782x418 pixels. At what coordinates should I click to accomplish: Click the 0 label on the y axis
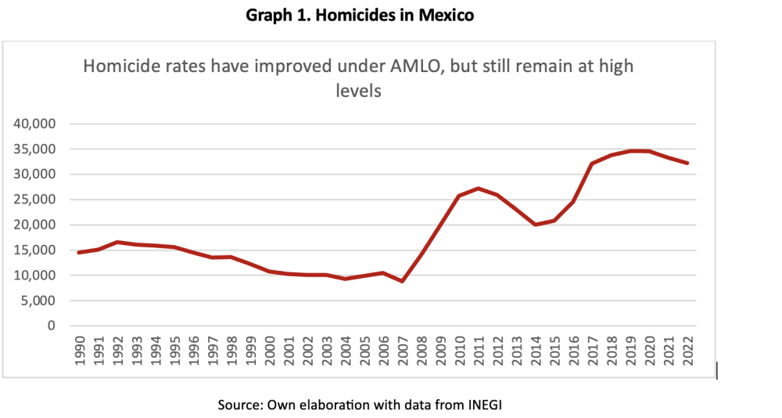(x=53, y=326)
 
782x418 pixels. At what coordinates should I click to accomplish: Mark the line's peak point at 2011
(x=478, y=188)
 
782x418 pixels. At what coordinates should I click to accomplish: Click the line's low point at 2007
(x=402, y=281)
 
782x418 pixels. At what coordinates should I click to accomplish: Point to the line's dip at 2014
(x=535, y=225)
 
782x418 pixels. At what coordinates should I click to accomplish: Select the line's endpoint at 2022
(x=687, y=163)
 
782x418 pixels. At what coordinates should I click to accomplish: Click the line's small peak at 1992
(x=117, y=242)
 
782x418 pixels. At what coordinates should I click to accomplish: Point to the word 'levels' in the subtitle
(x=357, y=91)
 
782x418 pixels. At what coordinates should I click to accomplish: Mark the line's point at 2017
(x=592, y=164)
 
